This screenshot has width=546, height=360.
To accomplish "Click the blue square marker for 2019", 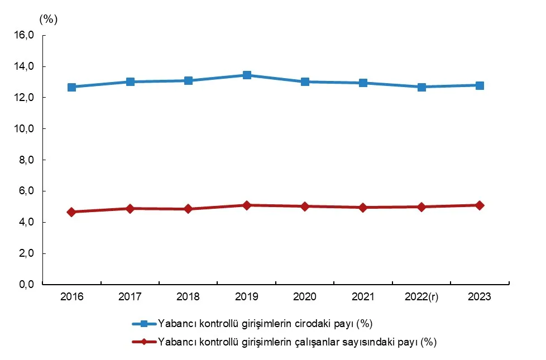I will click(x=246, y=75).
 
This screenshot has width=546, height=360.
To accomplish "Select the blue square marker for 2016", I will click(x=71, y=87).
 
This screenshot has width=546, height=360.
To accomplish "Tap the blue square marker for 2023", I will click(x=480, y=85).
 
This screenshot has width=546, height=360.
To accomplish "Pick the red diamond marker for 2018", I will click(x=188, y=209).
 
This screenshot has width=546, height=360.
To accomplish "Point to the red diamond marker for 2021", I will click(x=363, y=207).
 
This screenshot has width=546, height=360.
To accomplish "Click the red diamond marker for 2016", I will click(x=71, y=212).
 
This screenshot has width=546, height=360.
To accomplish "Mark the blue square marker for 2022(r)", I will click(x=422, y=87).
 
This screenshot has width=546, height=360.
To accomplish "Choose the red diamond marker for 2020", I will click(x=305, y=206).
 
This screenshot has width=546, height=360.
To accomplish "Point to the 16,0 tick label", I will click(x=25, y=35).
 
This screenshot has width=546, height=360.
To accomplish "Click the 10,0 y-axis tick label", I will click(x=25, y=129).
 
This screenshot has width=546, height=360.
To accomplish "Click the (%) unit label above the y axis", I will click(x=49, y=18).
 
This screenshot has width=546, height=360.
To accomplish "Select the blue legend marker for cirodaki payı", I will click(x=144, y=324).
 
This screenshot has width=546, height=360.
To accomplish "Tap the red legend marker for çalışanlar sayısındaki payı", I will click(x=144, y=342).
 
